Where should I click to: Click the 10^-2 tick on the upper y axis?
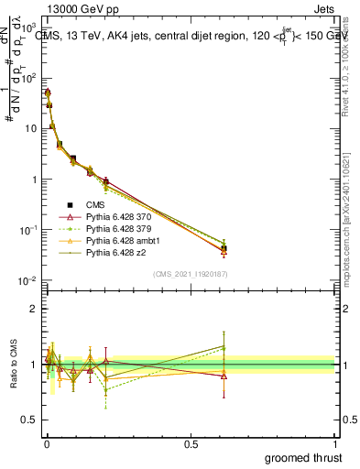tap(27, 280)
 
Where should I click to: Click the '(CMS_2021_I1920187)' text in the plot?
tap(190, 274)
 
